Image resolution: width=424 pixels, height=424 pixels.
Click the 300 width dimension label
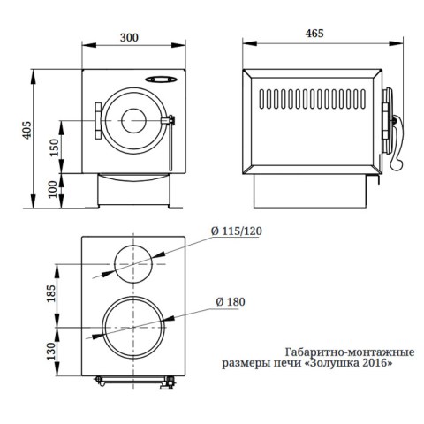click(x=129, y=38)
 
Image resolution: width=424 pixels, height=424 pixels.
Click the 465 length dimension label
click(x=314, y=34)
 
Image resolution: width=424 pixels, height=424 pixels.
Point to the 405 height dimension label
click(x=26, y=130)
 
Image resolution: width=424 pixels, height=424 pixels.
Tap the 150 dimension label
click(x=55, y=148)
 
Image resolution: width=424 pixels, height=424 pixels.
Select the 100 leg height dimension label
click(x=53, y=189)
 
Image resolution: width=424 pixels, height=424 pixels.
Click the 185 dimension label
click(x=50, y=293)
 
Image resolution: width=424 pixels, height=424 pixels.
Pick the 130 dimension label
click(x=50, y=351)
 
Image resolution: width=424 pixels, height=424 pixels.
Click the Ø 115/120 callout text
click(x=237, y=231)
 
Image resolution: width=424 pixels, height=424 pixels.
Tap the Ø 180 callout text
click(x=231, y=302)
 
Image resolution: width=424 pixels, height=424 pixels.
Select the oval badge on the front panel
click(x=162, y=79)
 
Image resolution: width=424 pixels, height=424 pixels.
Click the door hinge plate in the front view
click(x=98, y=121)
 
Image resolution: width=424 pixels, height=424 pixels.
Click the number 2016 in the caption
click(x=379, y=362)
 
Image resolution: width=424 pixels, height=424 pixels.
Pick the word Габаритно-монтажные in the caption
click(x=350, y=352)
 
